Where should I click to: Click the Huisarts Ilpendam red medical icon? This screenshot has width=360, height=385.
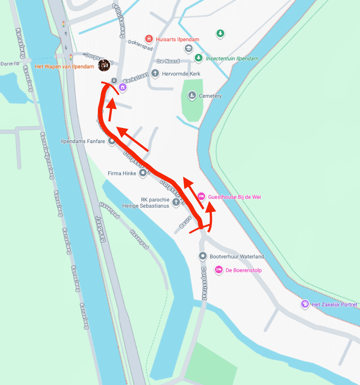tap(149, 39)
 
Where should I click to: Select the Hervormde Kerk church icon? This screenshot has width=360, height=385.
tap(155, 73)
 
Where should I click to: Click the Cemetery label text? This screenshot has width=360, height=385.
tap(210, 96)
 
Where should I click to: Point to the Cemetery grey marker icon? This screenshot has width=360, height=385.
tap(192, 96)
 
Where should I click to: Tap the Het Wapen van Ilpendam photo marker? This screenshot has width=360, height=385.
tap(104, 66)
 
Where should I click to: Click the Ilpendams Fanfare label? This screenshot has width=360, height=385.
tap(83, 141)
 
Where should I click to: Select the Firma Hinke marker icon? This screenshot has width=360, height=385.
tap(143, 173)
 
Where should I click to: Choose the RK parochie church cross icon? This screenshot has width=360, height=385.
tap(176, 202)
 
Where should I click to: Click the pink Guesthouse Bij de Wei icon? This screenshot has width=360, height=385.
tap(202, 197)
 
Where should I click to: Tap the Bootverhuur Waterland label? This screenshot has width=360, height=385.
tap(237, 257)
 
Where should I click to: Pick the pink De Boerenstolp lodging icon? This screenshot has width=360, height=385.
tap(219, 270)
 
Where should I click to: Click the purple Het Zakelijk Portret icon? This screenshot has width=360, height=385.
tap(305, 304)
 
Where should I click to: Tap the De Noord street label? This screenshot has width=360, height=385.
tap(168, 61)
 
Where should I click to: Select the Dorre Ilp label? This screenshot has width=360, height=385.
tap(9, 64)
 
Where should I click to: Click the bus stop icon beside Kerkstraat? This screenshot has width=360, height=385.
tap(114, 81)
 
